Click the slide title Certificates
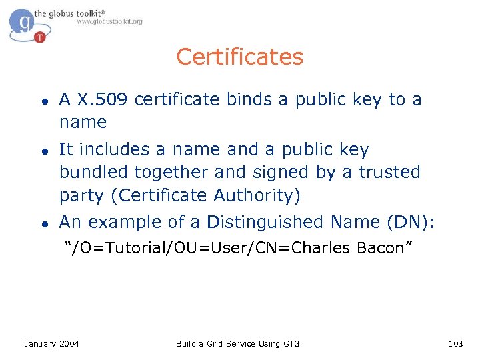(239, 57)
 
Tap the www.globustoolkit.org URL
(109, 21)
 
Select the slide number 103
(455, 343)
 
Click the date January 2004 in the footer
(51, 343)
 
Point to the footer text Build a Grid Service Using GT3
(237, 343)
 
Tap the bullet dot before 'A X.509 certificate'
(42, 101)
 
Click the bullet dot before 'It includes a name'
(42, 151)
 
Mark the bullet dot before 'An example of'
(42, 223)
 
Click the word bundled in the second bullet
(93, 172)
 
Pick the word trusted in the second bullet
(390, 172)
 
